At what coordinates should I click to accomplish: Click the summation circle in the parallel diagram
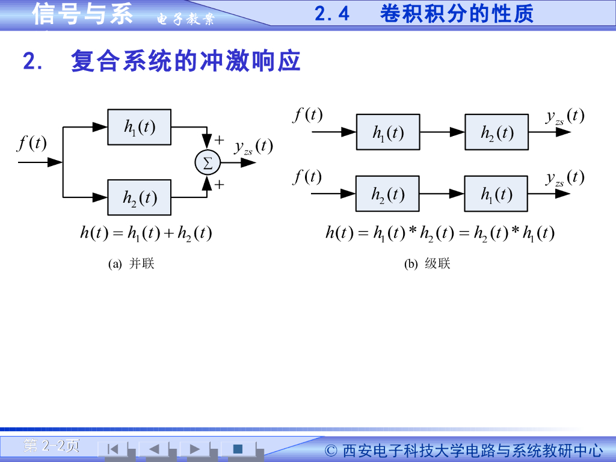coord(208,162)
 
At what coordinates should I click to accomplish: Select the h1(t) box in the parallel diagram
coord(139,127)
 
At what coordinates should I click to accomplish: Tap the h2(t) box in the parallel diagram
coord(139,197)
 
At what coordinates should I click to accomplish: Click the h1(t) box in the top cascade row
coord(388,132)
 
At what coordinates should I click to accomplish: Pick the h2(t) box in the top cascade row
coord(496,132)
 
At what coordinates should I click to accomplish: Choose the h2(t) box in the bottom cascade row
coord(387,194)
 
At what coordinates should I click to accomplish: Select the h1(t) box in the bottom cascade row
coord(496,194)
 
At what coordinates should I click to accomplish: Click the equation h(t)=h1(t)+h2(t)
coord(146,233)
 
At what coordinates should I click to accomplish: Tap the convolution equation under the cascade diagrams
coord(440,233)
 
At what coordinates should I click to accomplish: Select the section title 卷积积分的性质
coord(457,13)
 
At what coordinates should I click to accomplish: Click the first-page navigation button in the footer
coord(112,449)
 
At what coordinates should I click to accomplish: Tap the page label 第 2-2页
coord(51,446)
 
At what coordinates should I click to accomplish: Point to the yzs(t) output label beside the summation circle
coord(253,147)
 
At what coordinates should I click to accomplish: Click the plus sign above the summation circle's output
coord(220,140)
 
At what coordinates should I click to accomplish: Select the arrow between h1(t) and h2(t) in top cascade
coord(442,132)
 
